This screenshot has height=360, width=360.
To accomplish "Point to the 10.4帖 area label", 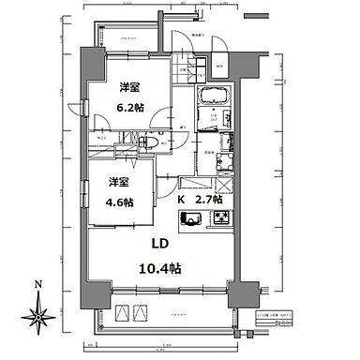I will click(162, 265).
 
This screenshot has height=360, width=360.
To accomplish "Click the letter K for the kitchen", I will click(181, 199).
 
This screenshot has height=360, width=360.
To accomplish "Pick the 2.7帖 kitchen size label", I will click(208, 199).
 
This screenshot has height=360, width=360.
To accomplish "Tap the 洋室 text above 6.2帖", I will click(129, 87).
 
